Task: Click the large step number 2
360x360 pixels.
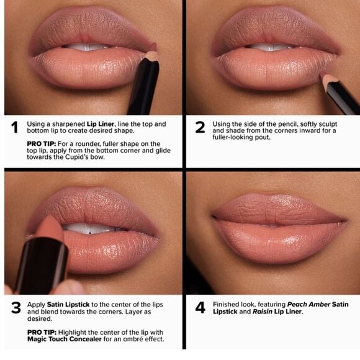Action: coord(200,127)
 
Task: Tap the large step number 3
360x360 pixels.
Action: coord(16,308)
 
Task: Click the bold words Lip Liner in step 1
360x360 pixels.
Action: coord(101,124)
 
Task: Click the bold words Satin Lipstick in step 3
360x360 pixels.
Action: coord(68,305)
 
